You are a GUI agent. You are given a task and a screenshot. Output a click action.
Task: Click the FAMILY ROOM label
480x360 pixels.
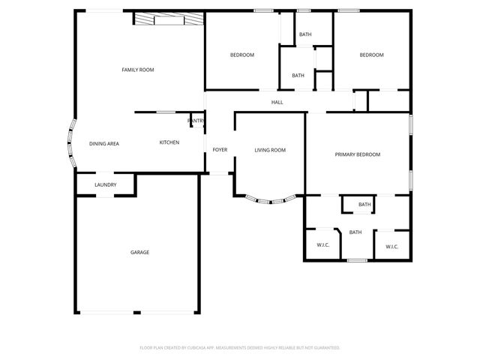[138, 70]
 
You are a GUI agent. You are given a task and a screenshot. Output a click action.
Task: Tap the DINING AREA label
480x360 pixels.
[104, 143]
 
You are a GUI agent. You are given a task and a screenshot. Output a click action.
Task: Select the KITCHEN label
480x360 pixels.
[169, 142]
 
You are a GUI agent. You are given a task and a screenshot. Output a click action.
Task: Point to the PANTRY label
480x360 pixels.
[196, 120]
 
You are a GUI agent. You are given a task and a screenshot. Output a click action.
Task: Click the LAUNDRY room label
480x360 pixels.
[105, 185]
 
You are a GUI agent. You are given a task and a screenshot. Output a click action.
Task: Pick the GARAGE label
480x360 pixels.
[139, 252]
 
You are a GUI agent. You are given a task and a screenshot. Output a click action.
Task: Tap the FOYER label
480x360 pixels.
[220, 150]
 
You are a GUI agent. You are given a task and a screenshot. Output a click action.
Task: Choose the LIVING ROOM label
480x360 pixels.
[270, 150]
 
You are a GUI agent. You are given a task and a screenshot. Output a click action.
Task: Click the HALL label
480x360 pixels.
[277, 102]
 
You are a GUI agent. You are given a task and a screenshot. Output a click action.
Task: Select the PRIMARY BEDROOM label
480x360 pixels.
[357, 154]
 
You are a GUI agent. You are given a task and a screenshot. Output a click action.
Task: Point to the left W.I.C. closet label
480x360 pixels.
[323, 245]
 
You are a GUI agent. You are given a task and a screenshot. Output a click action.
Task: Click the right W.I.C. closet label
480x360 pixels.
[391, 246]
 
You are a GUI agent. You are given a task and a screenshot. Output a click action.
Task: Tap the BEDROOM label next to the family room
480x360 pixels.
[241, 55]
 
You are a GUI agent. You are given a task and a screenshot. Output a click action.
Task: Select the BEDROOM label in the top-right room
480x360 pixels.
[371, 55]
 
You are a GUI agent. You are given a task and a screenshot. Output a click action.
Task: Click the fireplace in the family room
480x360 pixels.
[168, 19]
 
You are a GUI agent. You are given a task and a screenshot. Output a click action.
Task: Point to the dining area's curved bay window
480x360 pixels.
[70, 144]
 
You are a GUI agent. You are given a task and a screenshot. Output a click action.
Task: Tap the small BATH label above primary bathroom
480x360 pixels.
[364, 204]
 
